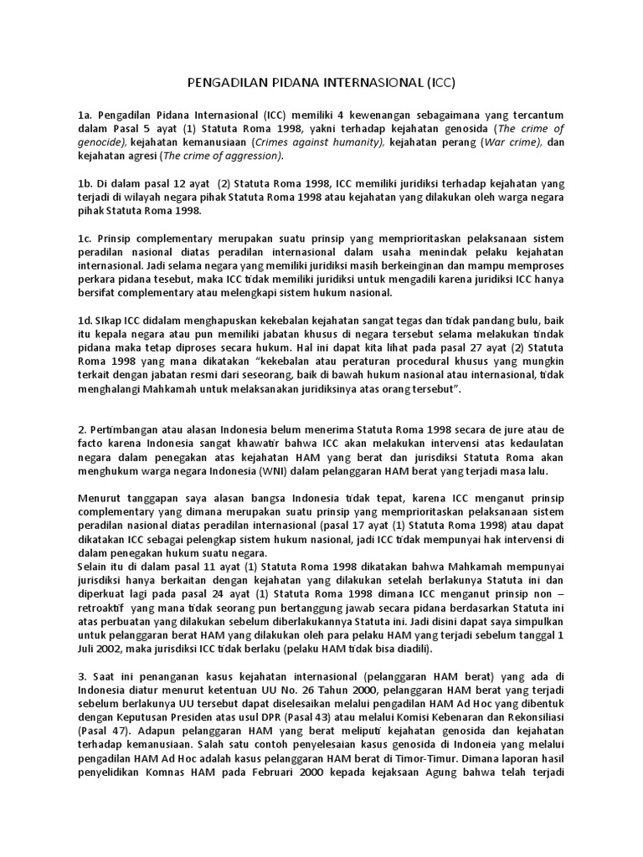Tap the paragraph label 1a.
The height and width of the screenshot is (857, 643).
pos(85,114)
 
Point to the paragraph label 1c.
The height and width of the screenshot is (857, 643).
pos(85,239)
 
